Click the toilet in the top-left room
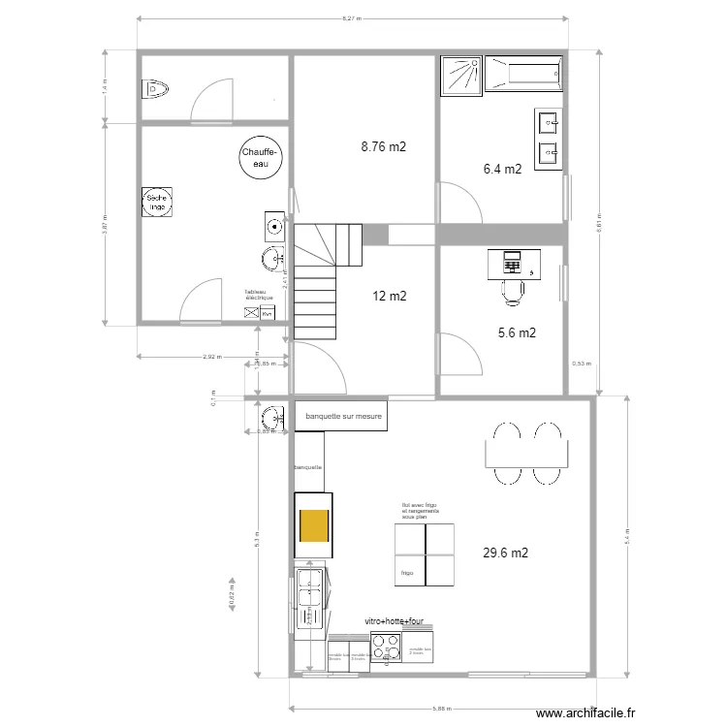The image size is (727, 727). pos(156,90)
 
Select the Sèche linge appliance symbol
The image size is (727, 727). pos(157,202)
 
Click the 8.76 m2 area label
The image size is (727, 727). pos(383,148)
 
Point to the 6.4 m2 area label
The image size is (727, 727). pos(503,169)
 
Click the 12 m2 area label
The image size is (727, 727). pos(389,297)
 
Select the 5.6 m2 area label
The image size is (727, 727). pos(517,332)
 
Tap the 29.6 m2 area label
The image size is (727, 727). pos(505,553)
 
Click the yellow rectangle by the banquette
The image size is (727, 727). pos(313,526)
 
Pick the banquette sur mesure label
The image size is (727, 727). pos(344,417)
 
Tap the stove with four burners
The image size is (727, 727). pos(386,647)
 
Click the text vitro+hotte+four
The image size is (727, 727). pos(395,621)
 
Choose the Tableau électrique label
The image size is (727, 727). pos(260,295)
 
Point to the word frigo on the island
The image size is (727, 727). pos(407,573)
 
